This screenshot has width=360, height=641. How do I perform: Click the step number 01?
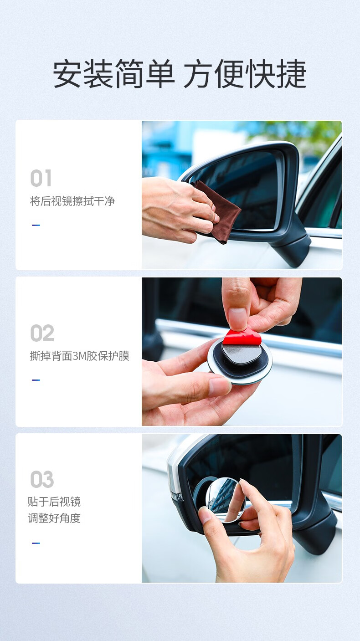[41, 178]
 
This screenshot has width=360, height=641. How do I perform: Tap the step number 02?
[42, 333]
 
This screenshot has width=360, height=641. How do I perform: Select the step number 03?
[42, 479]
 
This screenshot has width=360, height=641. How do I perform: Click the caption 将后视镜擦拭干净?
[72, 201]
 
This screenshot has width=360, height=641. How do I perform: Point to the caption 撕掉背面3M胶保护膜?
[80, 356]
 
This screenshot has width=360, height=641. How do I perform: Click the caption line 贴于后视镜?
[54, 502]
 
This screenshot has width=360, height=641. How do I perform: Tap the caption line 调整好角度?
[54, 518]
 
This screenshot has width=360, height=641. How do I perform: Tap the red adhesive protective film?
[242, 337]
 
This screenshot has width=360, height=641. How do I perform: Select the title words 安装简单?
[113, 73]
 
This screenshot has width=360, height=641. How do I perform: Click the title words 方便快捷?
[245, 73]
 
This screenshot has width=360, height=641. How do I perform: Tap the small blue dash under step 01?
[36, 225]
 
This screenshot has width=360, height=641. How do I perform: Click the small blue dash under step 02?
[36, 380]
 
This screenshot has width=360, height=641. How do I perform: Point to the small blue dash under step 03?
[36, 543]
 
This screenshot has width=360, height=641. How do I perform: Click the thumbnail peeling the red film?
[242, 352]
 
